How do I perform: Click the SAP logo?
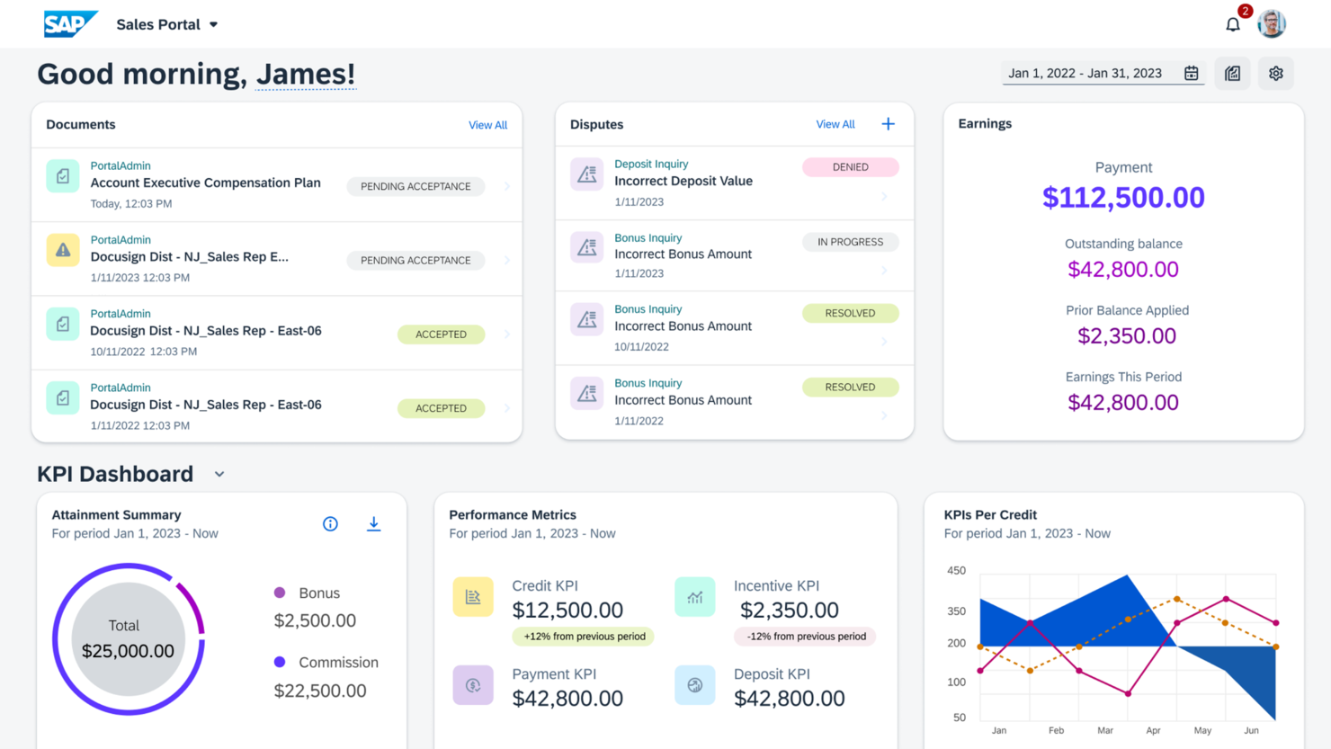69,24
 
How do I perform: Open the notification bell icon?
1233,24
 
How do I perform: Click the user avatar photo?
1272,24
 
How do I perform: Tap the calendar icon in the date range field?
1191,74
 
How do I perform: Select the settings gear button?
1275,74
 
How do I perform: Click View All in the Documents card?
487,125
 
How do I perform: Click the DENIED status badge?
850,167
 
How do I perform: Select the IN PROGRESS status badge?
850,242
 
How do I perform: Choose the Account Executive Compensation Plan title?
205,183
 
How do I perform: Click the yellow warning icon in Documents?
63,251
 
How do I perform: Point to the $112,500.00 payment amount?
1123,198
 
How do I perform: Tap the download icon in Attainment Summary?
373,524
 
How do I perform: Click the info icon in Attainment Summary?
330,524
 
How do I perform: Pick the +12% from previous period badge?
584,637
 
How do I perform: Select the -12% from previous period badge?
806,637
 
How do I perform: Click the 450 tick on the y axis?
956,571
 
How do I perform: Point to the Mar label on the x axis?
1104,731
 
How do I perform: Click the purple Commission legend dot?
280,662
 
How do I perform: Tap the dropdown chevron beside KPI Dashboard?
219,475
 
